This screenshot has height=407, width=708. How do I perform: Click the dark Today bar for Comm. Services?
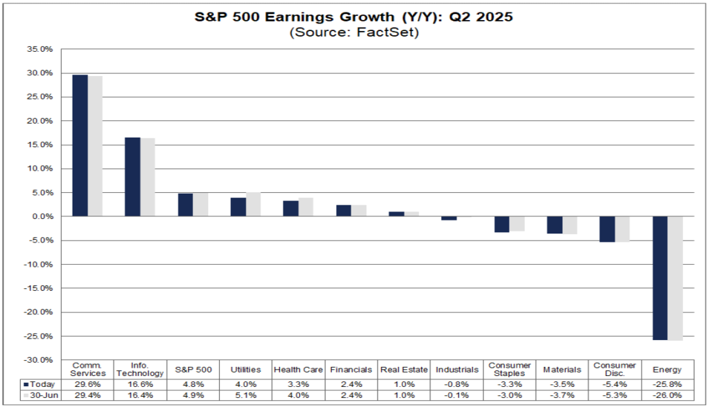tap(80, 145)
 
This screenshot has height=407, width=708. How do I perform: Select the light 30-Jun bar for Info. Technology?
tap(148, 177)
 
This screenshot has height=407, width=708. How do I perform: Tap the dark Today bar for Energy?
tap(660, 278)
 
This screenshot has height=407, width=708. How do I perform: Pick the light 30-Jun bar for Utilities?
tap(253, 205)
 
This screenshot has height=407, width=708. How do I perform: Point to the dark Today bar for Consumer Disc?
tap(607, 229)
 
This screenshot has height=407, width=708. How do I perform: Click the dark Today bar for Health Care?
tap(291, 209)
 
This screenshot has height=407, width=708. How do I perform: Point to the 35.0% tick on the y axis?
tap(40, 49)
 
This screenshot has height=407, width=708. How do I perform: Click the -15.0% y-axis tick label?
tap(39, 288)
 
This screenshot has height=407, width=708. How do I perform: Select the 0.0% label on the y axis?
tap(42, 216)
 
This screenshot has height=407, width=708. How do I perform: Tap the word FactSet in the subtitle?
tap(387, 32)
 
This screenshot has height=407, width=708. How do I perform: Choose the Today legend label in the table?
tap(42, 384)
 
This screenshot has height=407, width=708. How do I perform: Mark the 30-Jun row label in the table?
tap(44, 395)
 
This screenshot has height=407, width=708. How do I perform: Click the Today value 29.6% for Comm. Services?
tap(88, 384)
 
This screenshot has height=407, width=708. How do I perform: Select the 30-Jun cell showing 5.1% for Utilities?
tap(245, 395)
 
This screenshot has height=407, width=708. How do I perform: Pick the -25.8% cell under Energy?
tap(667, 384)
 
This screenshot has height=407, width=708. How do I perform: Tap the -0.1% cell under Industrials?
tap(457, 395)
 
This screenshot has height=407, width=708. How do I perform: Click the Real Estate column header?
tap(404, 370)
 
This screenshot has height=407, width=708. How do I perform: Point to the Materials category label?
tap(562, 370)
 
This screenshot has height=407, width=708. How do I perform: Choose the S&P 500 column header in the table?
tap(194, 370)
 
